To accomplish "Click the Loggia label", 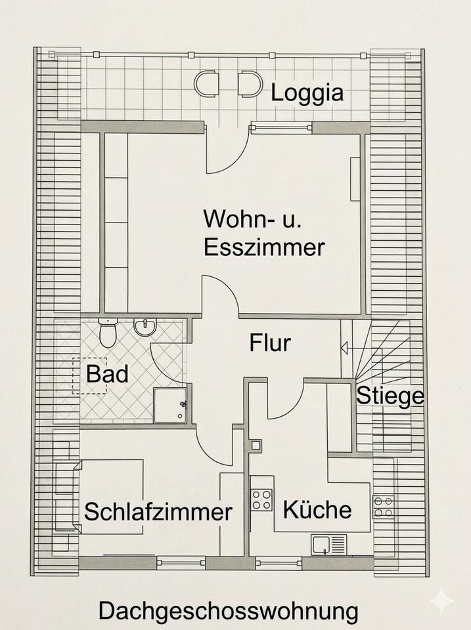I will tap(307, 93).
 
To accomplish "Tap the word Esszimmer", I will tap(264, 247).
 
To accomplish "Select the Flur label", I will tap(269, 342).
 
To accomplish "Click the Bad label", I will tap(107, 375).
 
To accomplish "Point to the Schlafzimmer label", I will tap(158, 511).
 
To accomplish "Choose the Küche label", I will tap(317, 509).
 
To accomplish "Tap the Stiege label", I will tap(390, 396).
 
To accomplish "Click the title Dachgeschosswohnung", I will tap(229, 611).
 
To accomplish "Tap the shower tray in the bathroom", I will tap(169, 404).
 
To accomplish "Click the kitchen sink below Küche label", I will tap(329, 544).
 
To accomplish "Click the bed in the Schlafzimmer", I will tap(110, 495).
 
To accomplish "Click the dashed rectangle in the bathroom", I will tap(90, 375).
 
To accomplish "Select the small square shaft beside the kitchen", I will tap(256, 444).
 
